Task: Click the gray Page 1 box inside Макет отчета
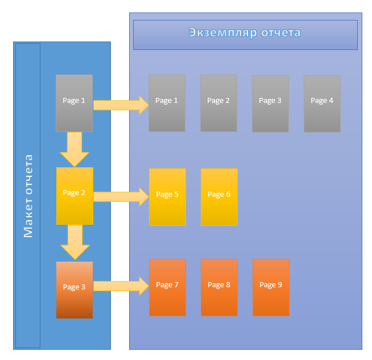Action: coord(74,102)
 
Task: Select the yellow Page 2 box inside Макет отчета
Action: coord(75,195)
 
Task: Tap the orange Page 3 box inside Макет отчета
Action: coord(75,289)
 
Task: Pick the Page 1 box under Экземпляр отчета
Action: coord(167,103)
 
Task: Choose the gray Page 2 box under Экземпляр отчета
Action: coord(218,103)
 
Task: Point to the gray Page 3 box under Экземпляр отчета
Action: coord(270,104)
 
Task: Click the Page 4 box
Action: coord(322,104)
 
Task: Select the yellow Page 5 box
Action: coord(167,197)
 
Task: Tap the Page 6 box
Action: coord(219,197)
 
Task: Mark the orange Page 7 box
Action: coord(167,287)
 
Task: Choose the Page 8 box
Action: coord(219,287)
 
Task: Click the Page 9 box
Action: coord(271,287)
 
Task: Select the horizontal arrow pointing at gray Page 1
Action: coord(121,105)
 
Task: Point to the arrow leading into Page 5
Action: coord(121,197)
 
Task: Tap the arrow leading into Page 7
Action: coord(121,286)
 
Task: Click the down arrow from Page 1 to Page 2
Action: coord(75,149)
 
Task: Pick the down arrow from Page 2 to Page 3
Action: coord(75,242)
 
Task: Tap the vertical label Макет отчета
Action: coord(28,196)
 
